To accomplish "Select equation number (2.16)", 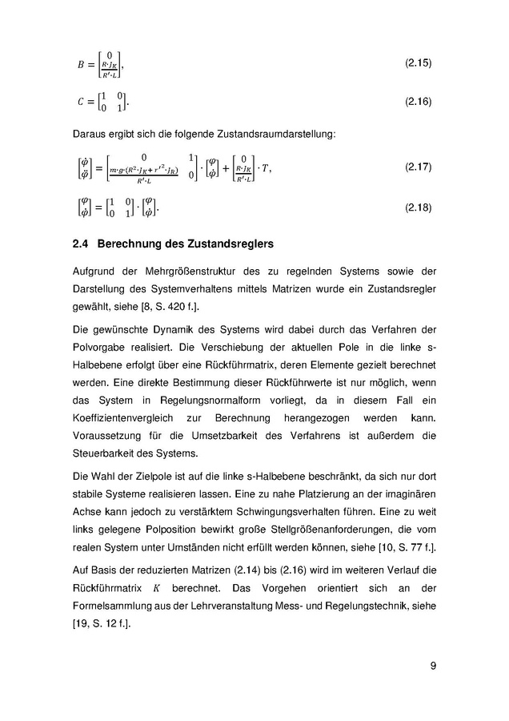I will click(419, 102).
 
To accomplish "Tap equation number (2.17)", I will click(419, 167).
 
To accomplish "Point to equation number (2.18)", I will click(419, 207).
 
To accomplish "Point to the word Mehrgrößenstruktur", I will click(189, 276).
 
